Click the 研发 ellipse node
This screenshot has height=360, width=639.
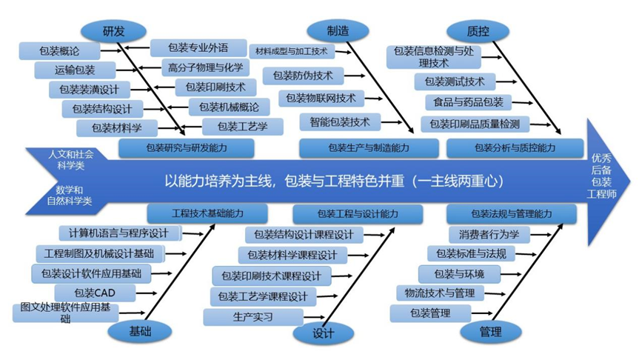[x=113, y=30]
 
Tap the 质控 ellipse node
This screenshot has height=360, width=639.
[x=478, y=30]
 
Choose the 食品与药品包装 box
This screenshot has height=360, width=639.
[x=468, y=102]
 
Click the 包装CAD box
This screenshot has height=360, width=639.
[x=95, y=293]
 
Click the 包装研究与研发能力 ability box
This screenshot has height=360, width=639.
[x=187, y=147]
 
